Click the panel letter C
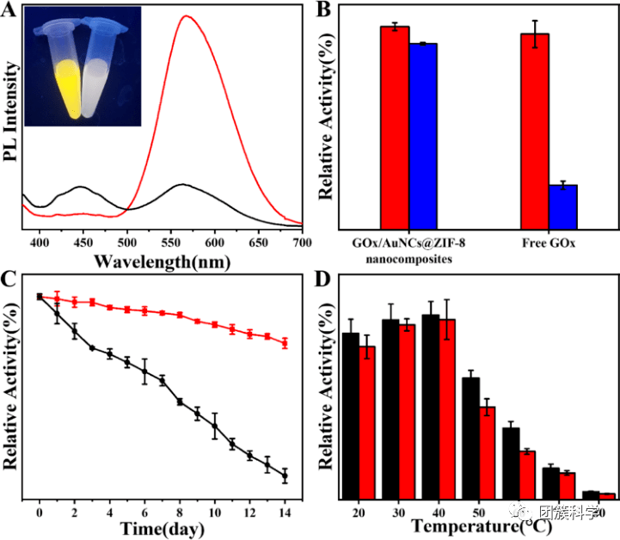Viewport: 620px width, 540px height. (x=9, y=279)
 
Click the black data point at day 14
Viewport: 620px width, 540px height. (x=285, y=476)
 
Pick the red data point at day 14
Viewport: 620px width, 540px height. (x=285, y=342)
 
